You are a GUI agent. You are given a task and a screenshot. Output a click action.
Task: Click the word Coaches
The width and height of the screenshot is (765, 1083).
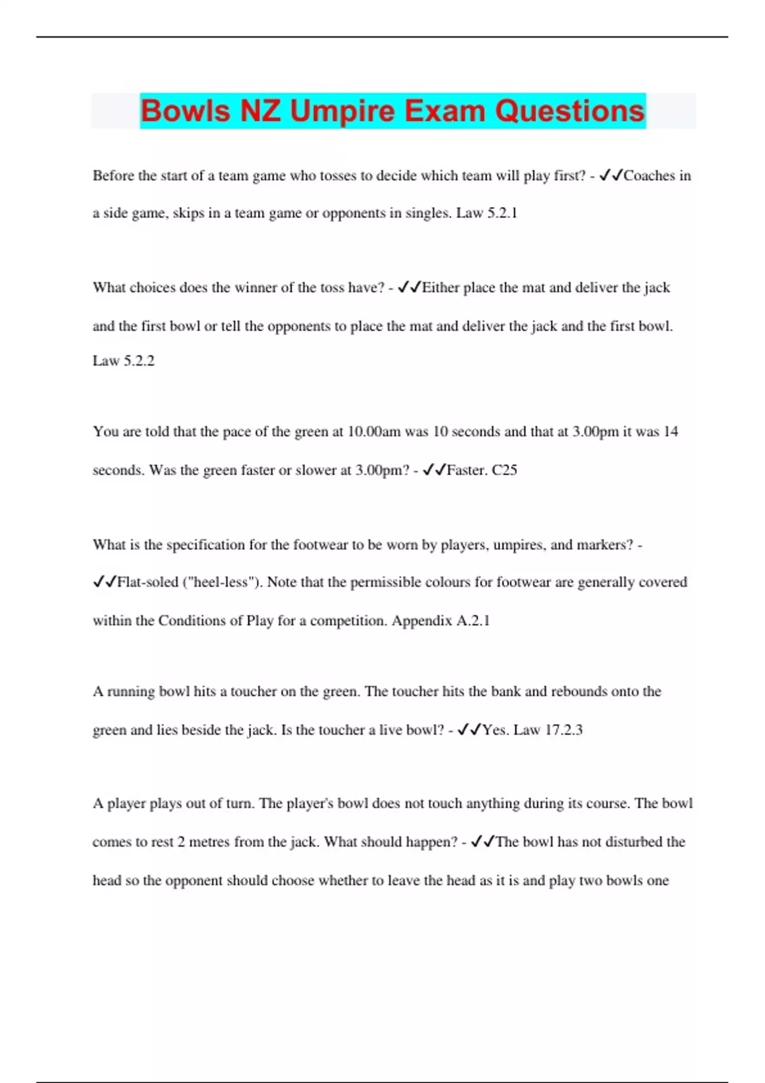(x=648, y=176)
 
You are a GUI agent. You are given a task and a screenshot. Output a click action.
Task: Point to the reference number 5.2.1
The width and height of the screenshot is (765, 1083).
(x=502, y=213)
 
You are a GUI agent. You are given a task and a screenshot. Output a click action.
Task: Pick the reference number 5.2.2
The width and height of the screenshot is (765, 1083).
(x=139, y=361)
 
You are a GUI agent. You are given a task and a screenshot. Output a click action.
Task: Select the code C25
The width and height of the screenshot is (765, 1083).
(x=504, y=470)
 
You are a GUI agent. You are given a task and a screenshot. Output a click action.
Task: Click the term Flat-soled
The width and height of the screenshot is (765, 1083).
(x=148, y=582)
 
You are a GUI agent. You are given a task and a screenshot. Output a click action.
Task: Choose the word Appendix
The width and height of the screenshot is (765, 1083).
(x=421, y=620)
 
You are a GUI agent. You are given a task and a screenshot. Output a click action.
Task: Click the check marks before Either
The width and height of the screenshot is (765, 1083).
(x=409, y=288)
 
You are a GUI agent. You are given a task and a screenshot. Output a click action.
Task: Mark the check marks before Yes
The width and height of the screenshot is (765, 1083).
(x=469, y=730)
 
